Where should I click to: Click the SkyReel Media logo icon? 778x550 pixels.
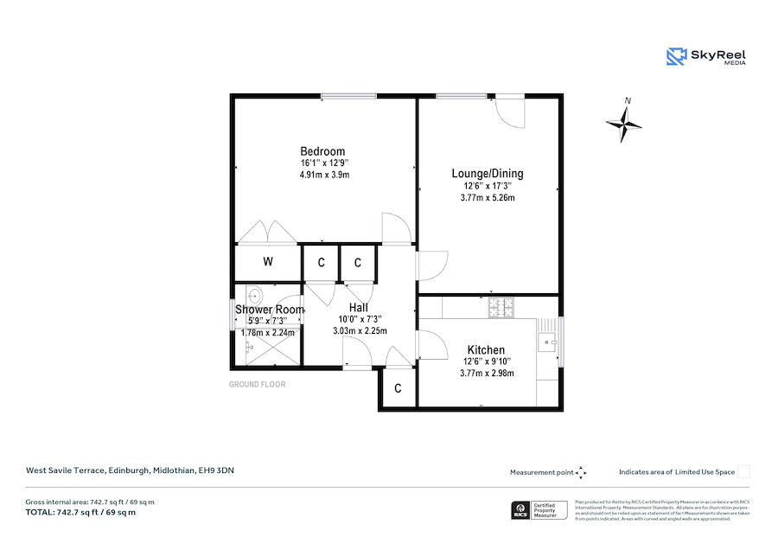676,57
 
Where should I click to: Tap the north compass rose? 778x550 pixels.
624,124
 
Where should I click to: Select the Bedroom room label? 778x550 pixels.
322,151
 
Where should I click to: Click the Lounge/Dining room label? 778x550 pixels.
488,174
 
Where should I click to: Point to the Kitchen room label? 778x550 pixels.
487,349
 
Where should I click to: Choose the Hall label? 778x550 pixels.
359,308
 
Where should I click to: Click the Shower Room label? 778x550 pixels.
270,310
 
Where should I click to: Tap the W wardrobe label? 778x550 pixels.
268,262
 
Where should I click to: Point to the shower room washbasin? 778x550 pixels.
253,293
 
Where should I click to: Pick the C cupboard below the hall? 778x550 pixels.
398,389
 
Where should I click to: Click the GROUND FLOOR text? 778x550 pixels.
257,384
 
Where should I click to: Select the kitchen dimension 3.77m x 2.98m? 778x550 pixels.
487,373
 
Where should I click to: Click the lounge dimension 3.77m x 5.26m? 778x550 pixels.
488,197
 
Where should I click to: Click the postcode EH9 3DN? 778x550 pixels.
216,470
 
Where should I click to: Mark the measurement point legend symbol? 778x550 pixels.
581,472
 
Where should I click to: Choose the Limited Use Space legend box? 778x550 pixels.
743,471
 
